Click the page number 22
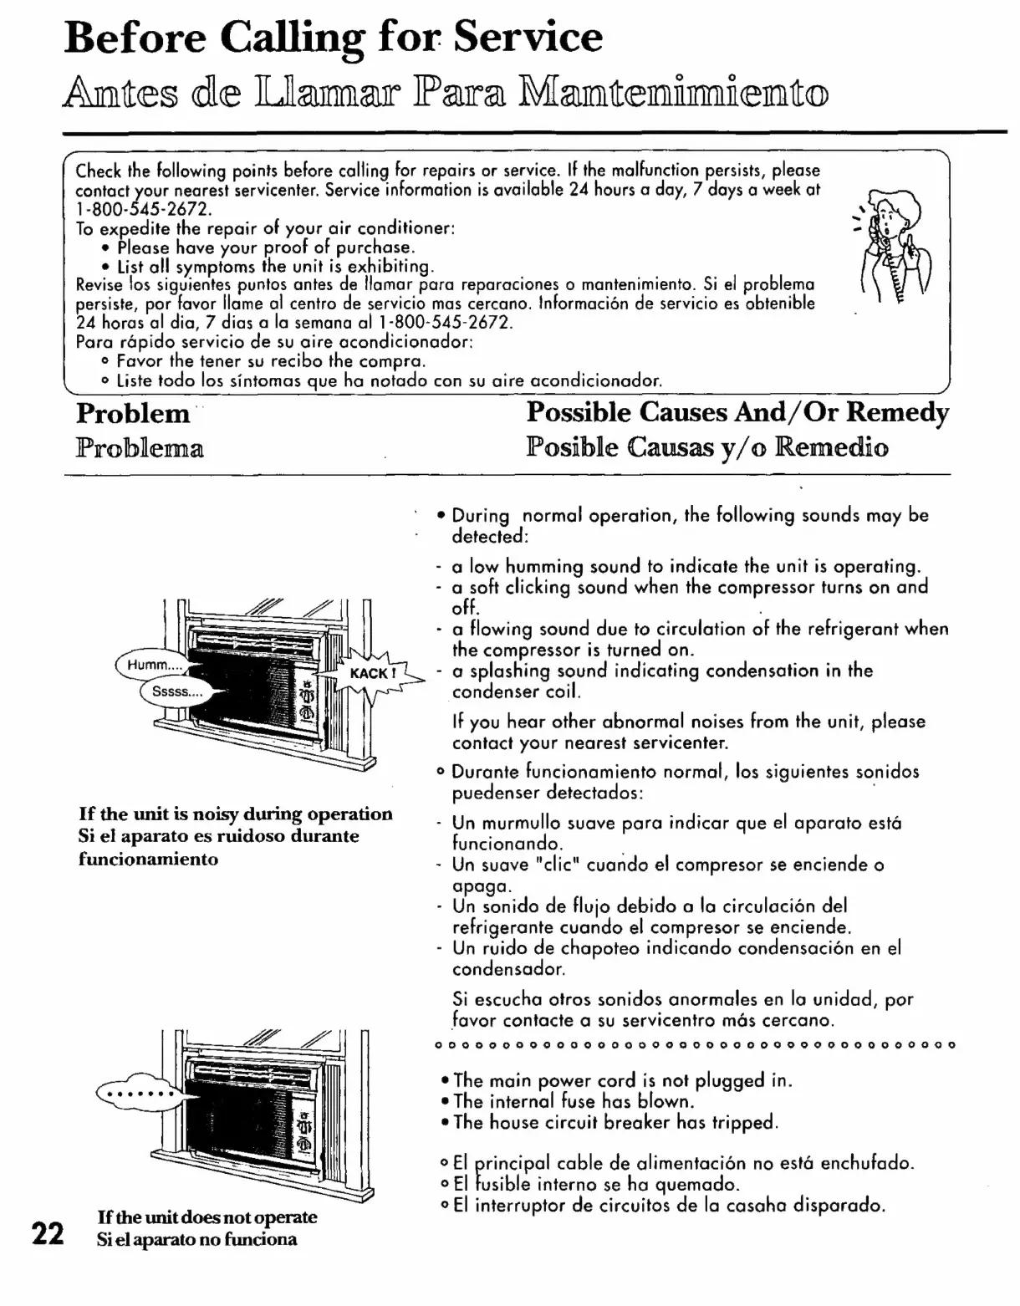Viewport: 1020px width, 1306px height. [47, 1233]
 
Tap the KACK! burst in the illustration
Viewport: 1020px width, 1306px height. [370, 673]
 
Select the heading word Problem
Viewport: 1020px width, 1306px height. [133, 413]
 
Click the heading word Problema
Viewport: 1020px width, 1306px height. [140, 448]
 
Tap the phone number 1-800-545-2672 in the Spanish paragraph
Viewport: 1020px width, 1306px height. [445, 323]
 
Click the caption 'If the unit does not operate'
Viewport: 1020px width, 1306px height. [207, 1217]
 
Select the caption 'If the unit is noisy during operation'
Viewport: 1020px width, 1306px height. [236, 814]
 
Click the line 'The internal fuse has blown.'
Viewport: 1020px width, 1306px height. [574, 1101]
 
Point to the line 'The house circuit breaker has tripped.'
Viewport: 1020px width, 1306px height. [616, 1122]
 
